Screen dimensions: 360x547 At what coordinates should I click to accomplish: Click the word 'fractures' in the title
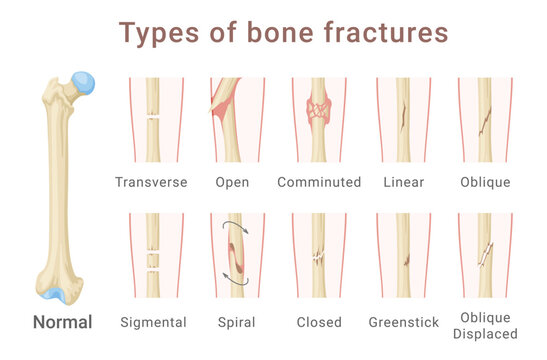pos(384,32)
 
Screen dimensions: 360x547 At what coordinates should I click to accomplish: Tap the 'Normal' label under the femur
pos(63,322)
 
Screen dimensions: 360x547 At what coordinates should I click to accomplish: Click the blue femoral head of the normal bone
pos(84,82)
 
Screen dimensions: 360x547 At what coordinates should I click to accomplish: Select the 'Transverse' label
pos(152,182)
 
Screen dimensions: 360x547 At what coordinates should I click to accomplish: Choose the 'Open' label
pos(233,182)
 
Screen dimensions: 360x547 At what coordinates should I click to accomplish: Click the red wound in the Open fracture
pos(224,100)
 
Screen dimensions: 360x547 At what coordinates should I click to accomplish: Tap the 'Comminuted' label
pos(319,182)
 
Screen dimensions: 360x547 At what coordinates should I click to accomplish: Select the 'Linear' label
pos(404,182)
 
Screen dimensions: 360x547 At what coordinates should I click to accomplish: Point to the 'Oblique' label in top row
pos(485,182)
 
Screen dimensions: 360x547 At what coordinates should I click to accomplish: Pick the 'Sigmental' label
pos(153,322)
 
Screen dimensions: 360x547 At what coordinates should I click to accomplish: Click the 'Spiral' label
pos(236,322)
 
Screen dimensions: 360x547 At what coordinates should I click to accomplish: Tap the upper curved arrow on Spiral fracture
pos(233,227)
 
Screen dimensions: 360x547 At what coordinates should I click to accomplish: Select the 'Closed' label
pos(319,322)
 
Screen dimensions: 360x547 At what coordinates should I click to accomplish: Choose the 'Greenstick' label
pos(404,322)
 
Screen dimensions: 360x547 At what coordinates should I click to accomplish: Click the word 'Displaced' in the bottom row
pos(486,333)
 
